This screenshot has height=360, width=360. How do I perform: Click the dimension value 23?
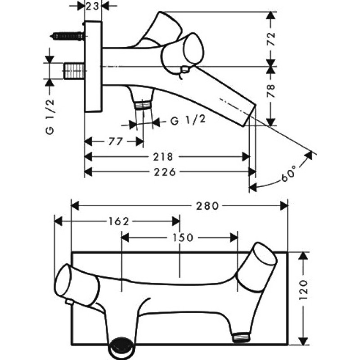[x=93, y=6]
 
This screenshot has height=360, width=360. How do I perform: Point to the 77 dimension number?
[x=116, y=141]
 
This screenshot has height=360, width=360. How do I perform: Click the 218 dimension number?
[x=163, y=157]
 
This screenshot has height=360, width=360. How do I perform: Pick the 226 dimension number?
[x=165, y=172]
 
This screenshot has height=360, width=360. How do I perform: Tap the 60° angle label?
[x=288, y=173]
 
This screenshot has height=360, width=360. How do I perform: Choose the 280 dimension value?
[x=207, y=206]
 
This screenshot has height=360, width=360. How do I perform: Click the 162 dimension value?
[x=119, y=221]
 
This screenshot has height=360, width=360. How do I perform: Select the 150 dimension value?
[x=183, y=238]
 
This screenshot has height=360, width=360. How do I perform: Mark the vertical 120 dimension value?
[x=303, y=290]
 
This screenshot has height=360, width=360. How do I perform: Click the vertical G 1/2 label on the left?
[x=50, y=117]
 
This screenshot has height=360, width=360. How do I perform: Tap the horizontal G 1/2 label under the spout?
[x=188, y=120]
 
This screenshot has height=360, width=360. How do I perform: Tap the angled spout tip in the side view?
[x=250, y=115]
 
